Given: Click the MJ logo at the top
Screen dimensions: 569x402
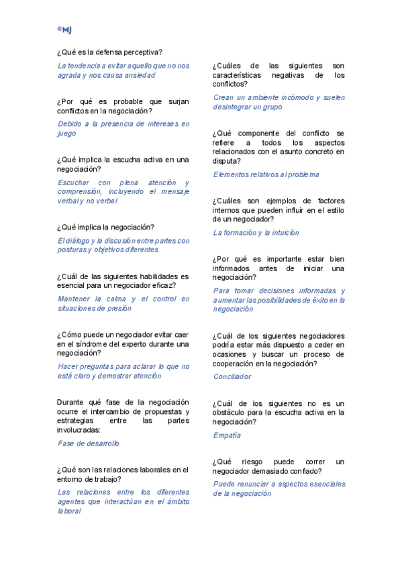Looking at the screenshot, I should coord(65,30).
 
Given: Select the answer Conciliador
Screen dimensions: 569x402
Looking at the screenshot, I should coord(232,376).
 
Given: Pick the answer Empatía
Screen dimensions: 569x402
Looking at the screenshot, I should coord(227,435).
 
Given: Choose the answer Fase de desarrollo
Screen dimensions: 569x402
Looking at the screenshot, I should coord(89,444).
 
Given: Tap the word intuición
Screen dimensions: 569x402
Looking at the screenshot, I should coord(285,233).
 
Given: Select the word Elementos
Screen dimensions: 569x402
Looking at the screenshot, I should coord(232,174).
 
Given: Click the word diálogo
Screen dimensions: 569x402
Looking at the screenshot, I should coord(79,240).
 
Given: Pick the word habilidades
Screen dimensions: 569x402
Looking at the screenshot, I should coord(146,276).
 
